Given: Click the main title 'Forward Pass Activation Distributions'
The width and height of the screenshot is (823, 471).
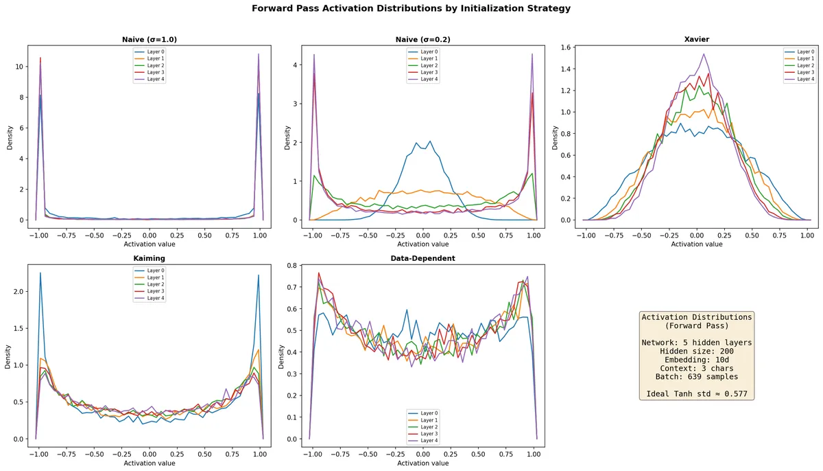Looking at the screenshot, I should (411, 9).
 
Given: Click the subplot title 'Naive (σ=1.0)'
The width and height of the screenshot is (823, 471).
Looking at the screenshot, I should (149, 40).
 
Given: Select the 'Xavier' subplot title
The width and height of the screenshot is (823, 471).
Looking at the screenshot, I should (697, 40).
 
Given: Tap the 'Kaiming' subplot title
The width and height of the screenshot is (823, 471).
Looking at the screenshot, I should (149, 258).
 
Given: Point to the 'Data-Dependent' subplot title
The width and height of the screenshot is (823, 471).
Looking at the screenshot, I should (423, 258).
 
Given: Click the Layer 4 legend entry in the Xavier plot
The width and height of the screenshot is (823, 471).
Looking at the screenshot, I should (800, 79).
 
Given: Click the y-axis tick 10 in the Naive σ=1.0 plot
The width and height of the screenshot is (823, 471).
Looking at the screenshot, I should (20, 67).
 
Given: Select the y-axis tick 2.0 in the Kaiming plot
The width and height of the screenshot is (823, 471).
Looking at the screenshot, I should (16, 291).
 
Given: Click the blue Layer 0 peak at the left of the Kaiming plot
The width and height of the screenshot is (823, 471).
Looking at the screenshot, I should (40, 273).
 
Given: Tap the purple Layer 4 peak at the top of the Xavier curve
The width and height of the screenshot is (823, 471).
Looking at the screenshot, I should (703, 54).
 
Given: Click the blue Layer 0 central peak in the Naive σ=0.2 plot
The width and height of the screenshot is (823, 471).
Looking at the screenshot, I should (430, 141).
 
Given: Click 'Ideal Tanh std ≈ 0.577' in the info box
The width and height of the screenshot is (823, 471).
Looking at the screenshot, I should (696, 394).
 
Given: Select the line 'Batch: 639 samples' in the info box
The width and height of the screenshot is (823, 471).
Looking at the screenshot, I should (696, 377).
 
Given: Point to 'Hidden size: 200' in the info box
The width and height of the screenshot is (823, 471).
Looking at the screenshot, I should (696, 351).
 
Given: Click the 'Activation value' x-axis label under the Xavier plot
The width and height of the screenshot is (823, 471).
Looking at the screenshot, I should (697, 244).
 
